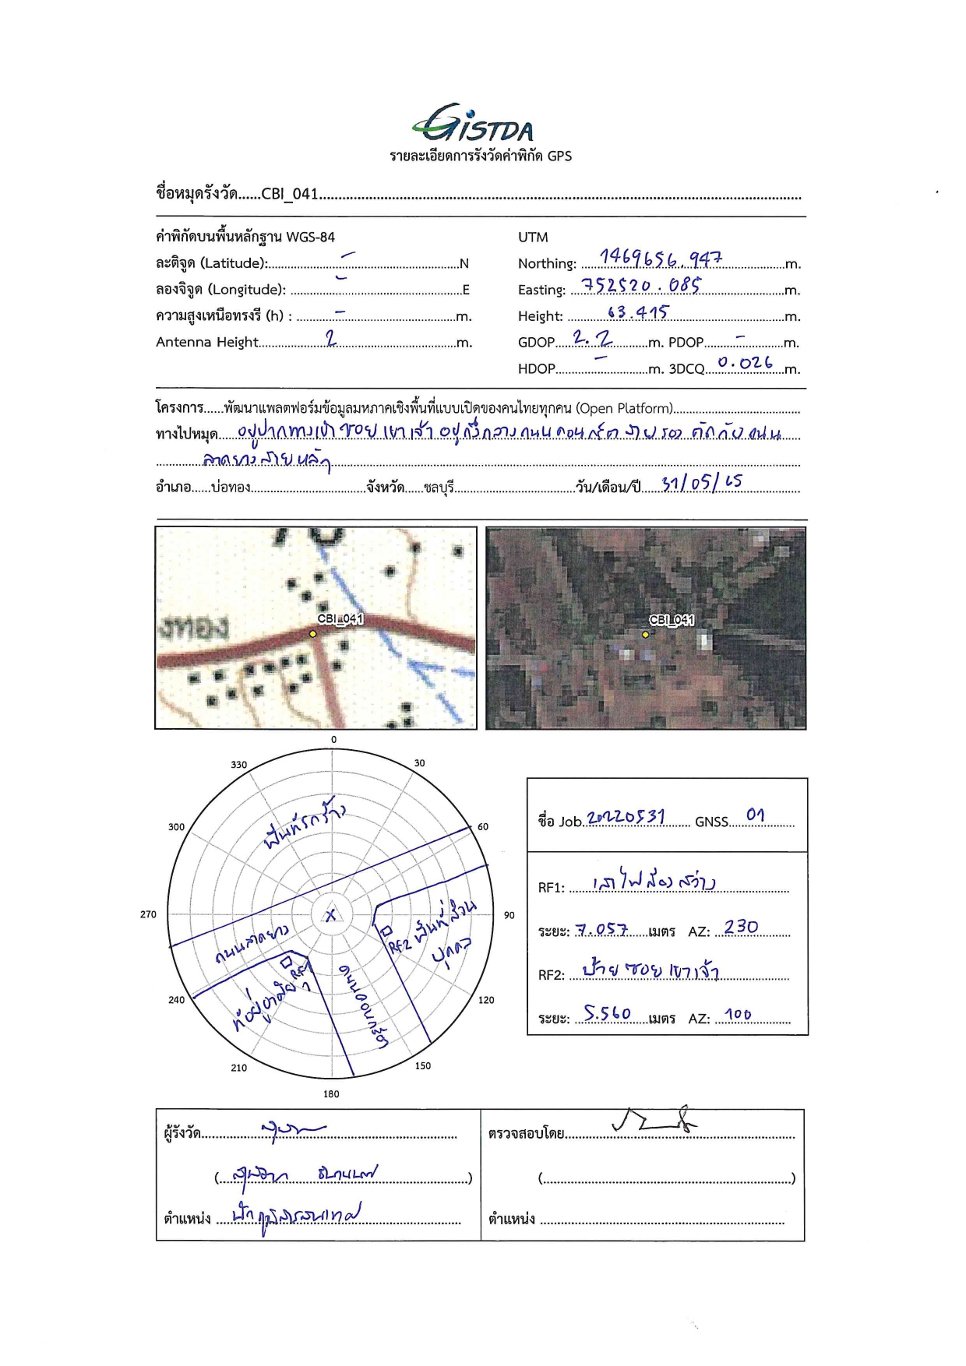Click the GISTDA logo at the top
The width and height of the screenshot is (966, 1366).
(473, 124)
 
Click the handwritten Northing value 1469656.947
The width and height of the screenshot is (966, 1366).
(661, 258)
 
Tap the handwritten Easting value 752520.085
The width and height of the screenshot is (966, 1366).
(640, 285)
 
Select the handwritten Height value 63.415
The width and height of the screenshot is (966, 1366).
(638, 312)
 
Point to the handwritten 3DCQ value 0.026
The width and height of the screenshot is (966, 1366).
(745, 363)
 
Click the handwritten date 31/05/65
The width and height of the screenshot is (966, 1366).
(701, 483)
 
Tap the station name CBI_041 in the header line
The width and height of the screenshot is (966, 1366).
(290, 194)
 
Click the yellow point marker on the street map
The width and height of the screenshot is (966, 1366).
(313, 634)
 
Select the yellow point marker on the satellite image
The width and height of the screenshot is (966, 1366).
(645, 635)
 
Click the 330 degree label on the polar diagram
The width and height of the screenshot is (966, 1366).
(238, 765)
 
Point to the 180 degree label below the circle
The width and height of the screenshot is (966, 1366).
(331, 1094)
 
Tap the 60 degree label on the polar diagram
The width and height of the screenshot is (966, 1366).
(483, 826)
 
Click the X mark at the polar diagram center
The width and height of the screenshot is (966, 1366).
(331, 915)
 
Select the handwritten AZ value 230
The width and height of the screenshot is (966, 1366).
(740, 927)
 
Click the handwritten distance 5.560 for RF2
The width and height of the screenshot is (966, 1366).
(608, 1013)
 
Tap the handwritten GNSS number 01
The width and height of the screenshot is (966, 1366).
(755, 815)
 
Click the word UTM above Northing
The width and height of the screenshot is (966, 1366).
(533, 237)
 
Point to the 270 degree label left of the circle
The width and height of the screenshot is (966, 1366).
(148, 914)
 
